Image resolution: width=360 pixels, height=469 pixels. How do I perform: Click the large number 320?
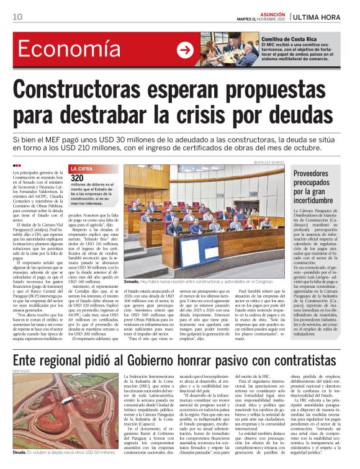click(x=78, y=178)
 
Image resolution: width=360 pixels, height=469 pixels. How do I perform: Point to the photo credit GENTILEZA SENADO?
click(x=269, y=163)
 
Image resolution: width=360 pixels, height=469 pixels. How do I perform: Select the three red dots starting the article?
click(x=17, y=166)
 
